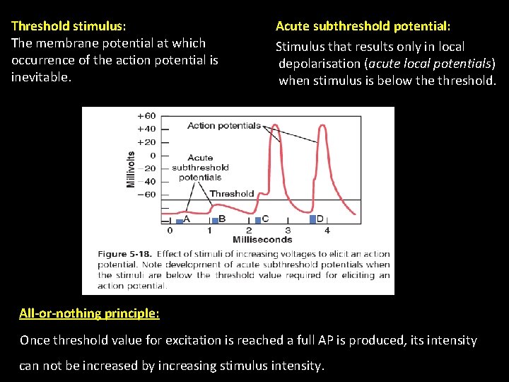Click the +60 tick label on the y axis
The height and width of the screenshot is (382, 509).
click(x=146, y=115)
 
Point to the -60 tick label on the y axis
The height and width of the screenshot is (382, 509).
click(x=146, y=195)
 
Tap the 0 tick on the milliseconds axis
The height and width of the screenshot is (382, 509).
click(x=170, y=231)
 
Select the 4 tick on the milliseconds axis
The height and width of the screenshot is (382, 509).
click(x=327, y=231)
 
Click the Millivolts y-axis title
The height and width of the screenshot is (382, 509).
click(x=131, y=169)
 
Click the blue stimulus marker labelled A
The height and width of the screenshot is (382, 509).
click(x=180, y=221)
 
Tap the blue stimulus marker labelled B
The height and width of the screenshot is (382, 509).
click(x=215, y=221)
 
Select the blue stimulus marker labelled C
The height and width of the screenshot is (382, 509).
click(x=258, y=221)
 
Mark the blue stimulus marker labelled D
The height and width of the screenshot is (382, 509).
click(x=312, y=220)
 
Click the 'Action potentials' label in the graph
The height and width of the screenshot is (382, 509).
click(x=223, y=126)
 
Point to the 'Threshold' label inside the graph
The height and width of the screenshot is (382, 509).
click(x=231, y=193)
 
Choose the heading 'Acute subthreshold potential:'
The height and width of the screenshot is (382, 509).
click(x=363, y=26)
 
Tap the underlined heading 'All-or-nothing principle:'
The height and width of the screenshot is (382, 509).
click(x=89, y=313)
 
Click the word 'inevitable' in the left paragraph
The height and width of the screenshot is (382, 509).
click(x=40, y=77)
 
